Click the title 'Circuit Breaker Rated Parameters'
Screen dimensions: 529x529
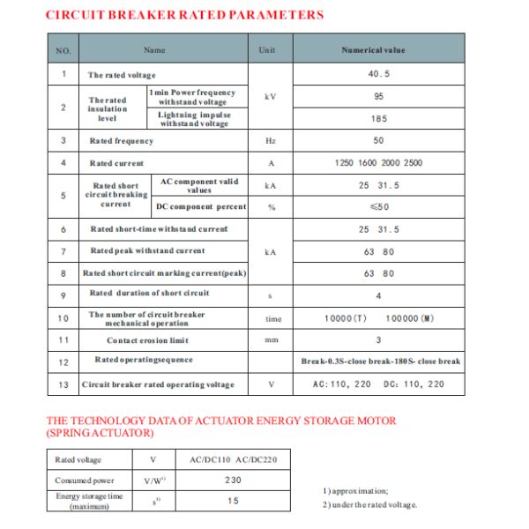[184, 15]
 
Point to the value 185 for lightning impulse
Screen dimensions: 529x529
[379, 118]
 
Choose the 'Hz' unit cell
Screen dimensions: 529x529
[271, 141]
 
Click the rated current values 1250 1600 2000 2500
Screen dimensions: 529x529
[379, 163]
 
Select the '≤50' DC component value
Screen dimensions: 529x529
[379, 206]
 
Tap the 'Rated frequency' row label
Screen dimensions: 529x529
[121, 141]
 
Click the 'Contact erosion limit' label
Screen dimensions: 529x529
[148, 339]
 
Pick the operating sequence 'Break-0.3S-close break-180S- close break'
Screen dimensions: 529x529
[380, 361]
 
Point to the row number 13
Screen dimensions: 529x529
[63, 384]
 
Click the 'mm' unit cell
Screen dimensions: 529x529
[271, 339]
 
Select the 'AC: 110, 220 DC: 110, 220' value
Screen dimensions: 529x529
[379, 384]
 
